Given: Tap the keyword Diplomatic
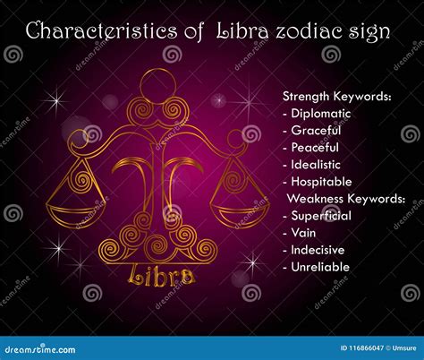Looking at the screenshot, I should click(x=320, y=114).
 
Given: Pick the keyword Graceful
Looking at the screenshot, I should click(x=314, y=131).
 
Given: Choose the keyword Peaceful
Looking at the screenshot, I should click(x=314, y=148).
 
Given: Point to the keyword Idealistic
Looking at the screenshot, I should click(x=317, y=165).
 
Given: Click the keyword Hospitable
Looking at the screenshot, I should click(x=319, y=182).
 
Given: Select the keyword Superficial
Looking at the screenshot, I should click(x=320, y=216).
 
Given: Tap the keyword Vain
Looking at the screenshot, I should click(x=302, y=233).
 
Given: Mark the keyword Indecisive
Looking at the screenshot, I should click(x=318, y=250).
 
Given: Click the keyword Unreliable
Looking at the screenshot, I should click(x=319, y=267).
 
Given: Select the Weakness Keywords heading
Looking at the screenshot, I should click(x=345, y=199).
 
